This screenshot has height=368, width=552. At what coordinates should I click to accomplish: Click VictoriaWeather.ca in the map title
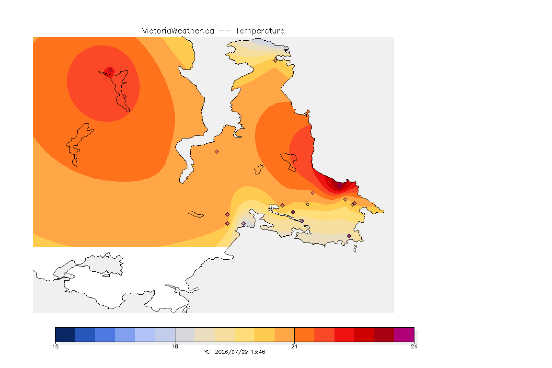click(x=178, y=31)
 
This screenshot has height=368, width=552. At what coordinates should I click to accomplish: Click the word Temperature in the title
click(x=260, y=31)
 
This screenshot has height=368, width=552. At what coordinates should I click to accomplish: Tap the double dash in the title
click(x=225, y=31)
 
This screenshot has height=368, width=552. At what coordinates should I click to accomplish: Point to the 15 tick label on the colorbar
click(x=56, y=346)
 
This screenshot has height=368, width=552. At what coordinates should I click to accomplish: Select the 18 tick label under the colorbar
click(x=175, y=346)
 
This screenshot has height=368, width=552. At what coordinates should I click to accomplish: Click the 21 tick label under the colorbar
click(x=294, y=346)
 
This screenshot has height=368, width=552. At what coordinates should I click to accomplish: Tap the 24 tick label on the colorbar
click(x=414, y=346)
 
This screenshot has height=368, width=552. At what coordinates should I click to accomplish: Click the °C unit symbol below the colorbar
click(x=207, y=352)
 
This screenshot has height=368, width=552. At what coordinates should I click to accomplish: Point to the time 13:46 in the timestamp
click(x=258, y=352)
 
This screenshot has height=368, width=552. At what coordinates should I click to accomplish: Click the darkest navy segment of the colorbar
click(x=65, y=334)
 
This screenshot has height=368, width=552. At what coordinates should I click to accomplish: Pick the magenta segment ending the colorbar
click(x=404, y=334)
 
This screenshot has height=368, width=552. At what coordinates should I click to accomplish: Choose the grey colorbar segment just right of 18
click(x=185, y=334)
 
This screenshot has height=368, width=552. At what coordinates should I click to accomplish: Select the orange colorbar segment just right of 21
click(x=305, y=334)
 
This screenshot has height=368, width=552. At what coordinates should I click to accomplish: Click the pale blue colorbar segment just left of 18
click(x=165, y=334)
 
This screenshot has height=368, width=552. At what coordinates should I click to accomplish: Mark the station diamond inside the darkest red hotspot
click(x=340, y=186)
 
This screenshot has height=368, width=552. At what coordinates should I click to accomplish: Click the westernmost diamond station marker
click(x=111, y=70)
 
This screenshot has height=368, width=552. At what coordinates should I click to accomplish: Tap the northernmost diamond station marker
click(x=276, y=60)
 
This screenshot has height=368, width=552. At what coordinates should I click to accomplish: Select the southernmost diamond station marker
click(x=349, y=236)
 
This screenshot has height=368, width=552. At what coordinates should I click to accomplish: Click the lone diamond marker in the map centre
click(x=217, y=152)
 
